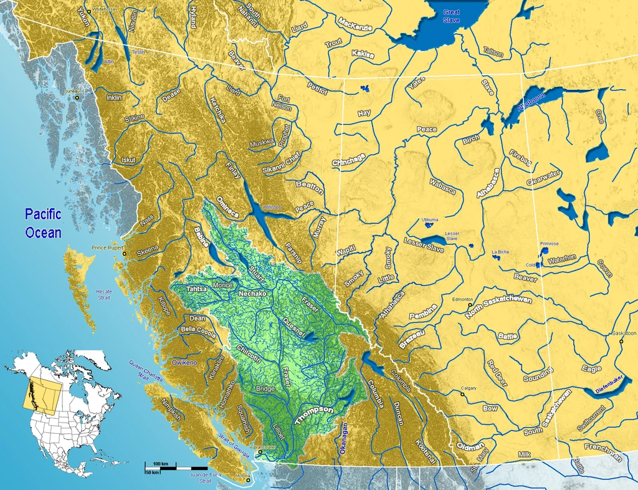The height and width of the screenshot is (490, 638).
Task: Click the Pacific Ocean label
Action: tap(43, 224)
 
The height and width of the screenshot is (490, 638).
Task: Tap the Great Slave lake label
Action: tap(451, 16)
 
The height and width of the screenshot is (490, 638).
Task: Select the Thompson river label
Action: tap(315, 414)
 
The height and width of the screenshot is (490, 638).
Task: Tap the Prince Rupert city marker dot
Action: tap(124, 254)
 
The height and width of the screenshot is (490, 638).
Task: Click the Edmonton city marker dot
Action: tap(470, 305)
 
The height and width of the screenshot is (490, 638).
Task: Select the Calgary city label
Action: tap(469, 388)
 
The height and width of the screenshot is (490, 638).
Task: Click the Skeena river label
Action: tap(148, 249)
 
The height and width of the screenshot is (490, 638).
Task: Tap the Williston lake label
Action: tap(273, 206)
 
